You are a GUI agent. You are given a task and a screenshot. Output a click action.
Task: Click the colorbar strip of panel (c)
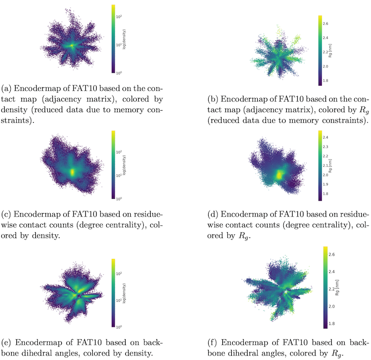[x=114, y=164]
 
